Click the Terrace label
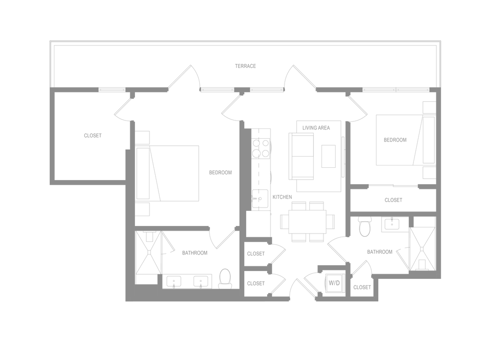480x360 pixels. pos(246,67)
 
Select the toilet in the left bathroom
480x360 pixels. pos(225,277)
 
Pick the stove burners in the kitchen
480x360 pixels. pos(262,147)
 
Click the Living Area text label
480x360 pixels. pos(317,127)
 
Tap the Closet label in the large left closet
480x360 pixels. pos(92,135)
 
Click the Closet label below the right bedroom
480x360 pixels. pos(393,200)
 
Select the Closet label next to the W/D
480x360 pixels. pos(362,288)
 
